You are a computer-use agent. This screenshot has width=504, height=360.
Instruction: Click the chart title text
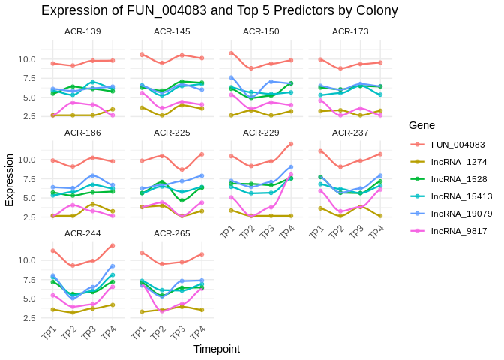point(219,10)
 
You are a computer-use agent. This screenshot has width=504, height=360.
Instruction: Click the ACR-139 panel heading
point(82,31)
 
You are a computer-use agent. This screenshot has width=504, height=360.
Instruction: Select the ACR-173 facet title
point(350,31)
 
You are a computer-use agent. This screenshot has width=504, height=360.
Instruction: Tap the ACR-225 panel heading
point(172,132)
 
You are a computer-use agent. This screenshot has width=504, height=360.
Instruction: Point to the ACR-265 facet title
point(172,232)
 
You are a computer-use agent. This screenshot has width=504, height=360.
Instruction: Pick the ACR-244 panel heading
point(82,232)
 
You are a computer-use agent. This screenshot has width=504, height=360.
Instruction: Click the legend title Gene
point(422,125)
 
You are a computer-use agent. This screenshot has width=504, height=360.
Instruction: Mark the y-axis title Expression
point(9,180)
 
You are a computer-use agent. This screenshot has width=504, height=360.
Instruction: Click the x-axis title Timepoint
point(217,349)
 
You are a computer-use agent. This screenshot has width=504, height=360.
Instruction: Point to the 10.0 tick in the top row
point(26,59)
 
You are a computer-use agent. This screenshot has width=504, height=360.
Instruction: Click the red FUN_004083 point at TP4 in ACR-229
point(291,144)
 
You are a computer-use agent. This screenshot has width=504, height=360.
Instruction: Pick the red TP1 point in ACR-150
point(231,53)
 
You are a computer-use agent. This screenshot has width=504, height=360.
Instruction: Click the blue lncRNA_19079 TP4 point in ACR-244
point(112,265)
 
